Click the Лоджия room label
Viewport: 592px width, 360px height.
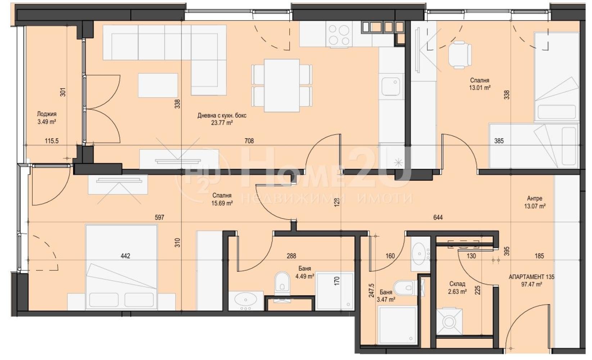[x=46, y=114]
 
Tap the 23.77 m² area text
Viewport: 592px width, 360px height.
[x=222, y=123]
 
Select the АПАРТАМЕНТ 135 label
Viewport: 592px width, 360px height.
[x=532, y=277]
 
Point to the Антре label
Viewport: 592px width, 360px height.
[x=534, y=198]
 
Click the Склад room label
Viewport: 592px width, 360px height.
[x=457, y=284]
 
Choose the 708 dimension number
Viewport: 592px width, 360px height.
[x=249, y=141]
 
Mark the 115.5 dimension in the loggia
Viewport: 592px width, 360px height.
[x=51, y=141]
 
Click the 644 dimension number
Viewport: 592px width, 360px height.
[x=438, y=217]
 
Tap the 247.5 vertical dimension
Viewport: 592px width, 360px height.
[x=371, y=291]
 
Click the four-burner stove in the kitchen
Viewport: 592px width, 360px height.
[x=339, y=34]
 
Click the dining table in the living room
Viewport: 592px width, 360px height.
[x=282, y=85]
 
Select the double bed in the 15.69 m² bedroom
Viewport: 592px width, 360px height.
[x=122, y=267]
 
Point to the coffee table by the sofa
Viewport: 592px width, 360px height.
[x=158, y=85]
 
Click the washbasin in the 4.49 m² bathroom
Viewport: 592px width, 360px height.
[x=246, y=301]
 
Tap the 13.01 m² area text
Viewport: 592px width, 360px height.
[x=480, y=88]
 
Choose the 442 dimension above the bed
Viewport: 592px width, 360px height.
[x=125, y=256]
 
